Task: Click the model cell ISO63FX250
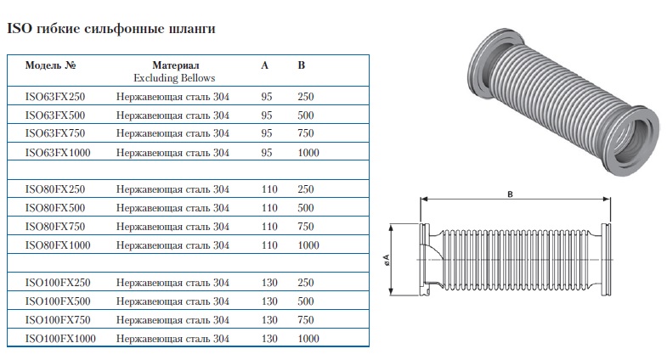[x=52, y=97]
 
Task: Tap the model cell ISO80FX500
[x=52, y=208]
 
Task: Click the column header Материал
[x=175, y=65]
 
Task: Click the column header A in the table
[x=265, y=65]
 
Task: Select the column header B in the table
[x=302, y=65]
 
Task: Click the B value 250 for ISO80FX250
[x=306, y=189]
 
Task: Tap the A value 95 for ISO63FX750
[x=267, y=133]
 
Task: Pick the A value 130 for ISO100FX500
[x=269, y=301]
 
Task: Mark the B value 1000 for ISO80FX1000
[x=308, y=245]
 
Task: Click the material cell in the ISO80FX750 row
[x=172, y=227]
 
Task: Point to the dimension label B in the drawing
[x=510, y=194]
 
